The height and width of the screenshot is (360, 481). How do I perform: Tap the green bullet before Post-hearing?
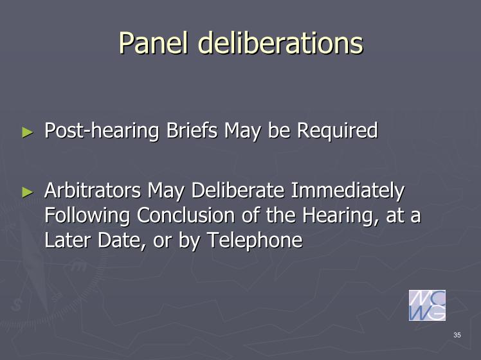28,132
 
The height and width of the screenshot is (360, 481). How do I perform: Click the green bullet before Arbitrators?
28,192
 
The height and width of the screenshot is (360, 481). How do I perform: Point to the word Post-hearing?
102,131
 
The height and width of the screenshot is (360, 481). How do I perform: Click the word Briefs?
192,130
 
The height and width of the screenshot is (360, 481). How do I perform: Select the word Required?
337,131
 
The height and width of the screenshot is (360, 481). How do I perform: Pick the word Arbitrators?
93,190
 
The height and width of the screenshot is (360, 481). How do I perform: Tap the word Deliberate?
238,190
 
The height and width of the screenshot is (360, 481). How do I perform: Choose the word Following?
87,216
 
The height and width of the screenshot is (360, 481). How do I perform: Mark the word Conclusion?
186,215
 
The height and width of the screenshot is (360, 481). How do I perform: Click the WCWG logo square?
427,305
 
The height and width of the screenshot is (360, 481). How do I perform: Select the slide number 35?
457,335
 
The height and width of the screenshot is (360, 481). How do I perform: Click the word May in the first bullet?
242,131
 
